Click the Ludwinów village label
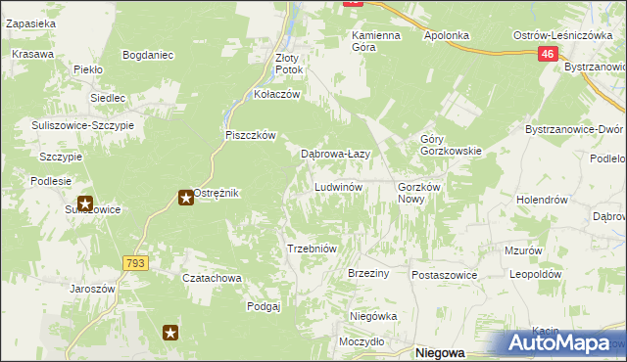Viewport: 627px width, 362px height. (339, 187)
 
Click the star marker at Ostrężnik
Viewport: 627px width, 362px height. (185, 199)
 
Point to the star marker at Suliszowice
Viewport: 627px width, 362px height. (85, 204)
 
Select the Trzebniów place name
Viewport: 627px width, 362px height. (312, 249)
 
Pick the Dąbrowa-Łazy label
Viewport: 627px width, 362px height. (334, 154)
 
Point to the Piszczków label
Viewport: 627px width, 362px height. (252, 136)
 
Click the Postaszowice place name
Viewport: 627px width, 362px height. (444, 275)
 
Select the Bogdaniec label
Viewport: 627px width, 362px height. (148, 55)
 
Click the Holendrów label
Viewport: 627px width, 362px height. (542, 200)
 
